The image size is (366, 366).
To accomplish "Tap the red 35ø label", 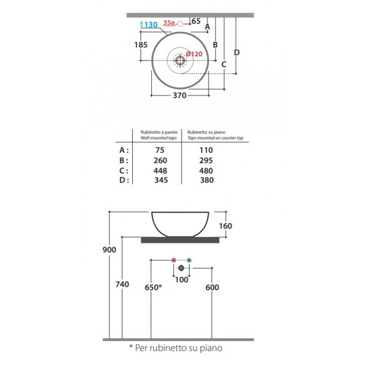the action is pyautogui.click(x=169, y=23).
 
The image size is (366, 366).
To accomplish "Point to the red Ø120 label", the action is pyautogui.click(x=194, y=54).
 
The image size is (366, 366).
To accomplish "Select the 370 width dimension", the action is pyautogui.click(x=179, y=96).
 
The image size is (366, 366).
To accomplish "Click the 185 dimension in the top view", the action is pyautogui.click(x=141, y=44).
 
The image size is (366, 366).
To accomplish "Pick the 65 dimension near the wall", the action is pyautogui.click(x=196, y=21).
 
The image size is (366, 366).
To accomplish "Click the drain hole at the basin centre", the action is pyautogui.click(x=180, y=60).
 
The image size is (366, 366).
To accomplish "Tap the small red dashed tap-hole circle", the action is pyautogui.click(x=180, y=24).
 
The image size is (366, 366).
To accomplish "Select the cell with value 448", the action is pyautogui.click(x=161, y=171).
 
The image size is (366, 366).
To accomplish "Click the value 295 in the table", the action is pyautogui.click(x=206, y=161).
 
